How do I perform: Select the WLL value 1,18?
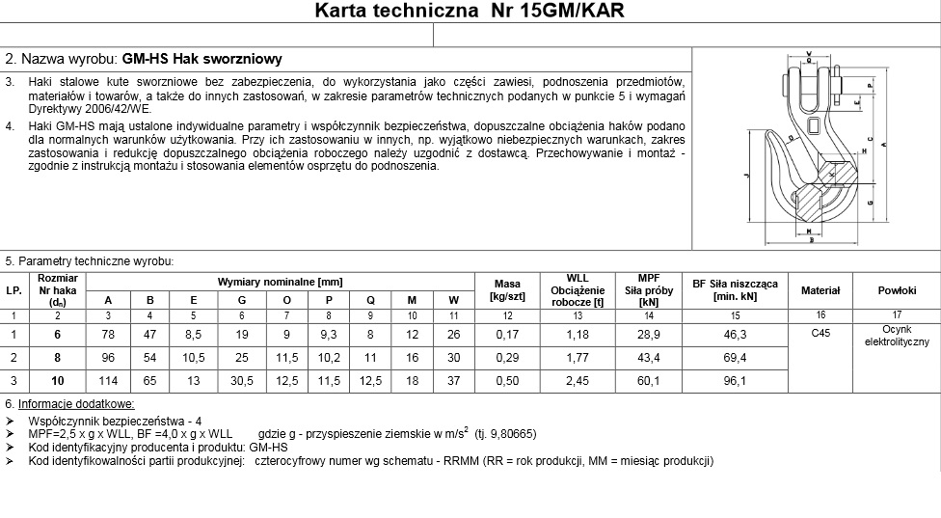[x=577, y=334]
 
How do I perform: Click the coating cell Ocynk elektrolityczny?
[x=896, y=335]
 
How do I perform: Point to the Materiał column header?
[x=820, y=290]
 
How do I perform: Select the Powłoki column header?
[x=896, y=290]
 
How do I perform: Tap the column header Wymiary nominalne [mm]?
[x=280, y=281]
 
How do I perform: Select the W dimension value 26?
[x=453, y=334]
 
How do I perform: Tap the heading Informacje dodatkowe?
[x=75, y=404]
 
